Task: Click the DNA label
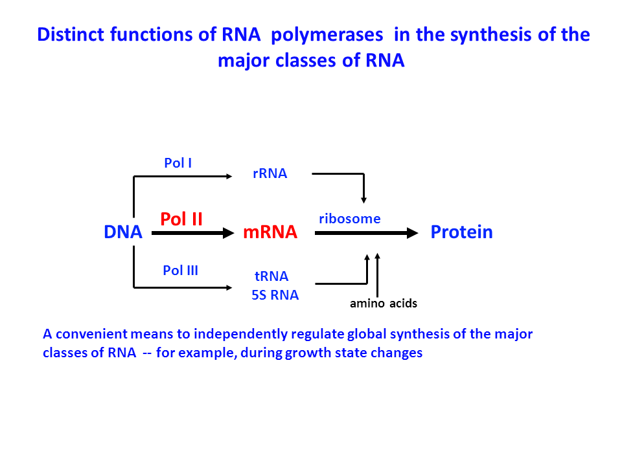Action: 122,232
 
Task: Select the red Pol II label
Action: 181,219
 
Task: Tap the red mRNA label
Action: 270,232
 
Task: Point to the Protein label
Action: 461,232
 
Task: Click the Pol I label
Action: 178,163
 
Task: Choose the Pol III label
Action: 180,271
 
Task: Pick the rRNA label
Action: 270,173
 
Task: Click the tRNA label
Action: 271,277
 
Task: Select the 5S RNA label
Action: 275,296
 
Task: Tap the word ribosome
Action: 349,219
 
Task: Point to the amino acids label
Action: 384,304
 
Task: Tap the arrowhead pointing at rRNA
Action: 229,175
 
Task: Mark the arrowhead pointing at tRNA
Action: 229,286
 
